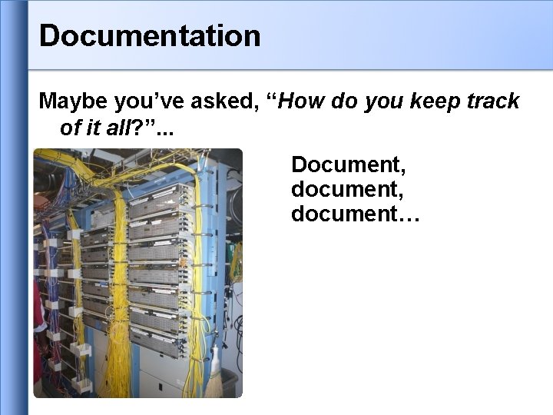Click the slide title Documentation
[150, 35]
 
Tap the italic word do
[348, 101]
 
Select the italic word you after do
[388, 101]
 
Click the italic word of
[70, 128]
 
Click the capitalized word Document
[347, 164]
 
